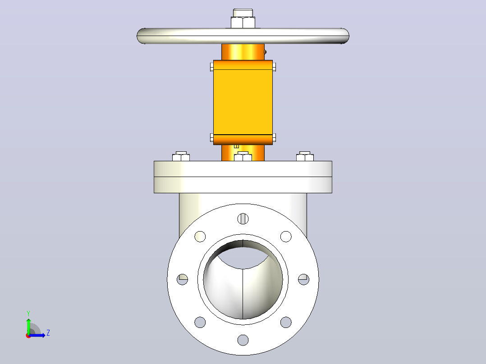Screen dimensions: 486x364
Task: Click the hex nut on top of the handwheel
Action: pyautogui.click(x=243, y=23)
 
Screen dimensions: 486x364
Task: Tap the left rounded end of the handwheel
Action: pyautogui.click(x=142, y=36)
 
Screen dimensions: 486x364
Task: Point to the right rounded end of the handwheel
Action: pyautogui.click(x=344, y=36)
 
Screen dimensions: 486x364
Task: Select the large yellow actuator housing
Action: pyautogui.click(x=243, y=102)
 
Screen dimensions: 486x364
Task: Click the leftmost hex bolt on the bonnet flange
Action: pyautogui.click(x=181, y=156)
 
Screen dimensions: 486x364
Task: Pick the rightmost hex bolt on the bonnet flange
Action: pyautogui.click(x=305, y=156)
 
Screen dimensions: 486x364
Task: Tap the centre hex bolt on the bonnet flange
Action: pyautogui.click(x=243, y=156)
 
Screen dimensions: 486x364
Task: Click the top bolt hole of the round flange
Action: pyautogui.click(x=243, y=218)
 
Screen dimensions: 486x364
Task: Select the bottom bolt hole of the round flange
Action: pyautogui.click(x=243, y=340)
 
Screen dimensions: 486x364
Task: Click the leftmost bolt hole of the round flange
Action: pyautogui.click(x=182, y=279)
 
